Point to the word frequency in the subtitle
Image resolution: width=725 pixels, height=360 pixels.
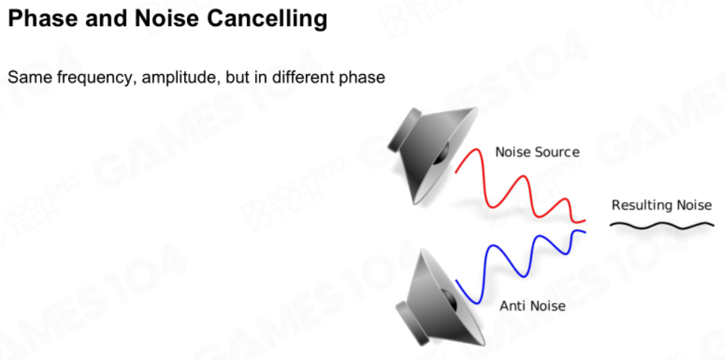(97, 77)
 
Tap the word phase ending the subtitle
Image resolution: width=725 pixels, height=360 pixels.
(361, 77)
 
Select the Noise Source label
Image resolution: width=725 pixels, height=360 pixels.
(537, 152)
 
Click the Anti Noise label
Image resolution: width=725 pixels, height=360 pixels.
(533, 306)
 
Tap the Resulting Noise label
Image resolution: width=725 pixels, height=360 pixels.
(661, 205)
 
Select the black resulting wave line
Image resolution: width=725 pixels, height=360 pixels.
(661, 225)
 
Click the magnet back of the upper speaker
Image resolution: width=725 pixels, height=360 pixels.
(403, 130)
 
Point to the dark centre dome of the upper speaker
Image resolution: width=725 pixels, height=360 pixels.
(442, 153)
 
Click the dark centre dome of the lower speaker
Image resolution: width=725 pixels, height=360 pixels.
(449, 300)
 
